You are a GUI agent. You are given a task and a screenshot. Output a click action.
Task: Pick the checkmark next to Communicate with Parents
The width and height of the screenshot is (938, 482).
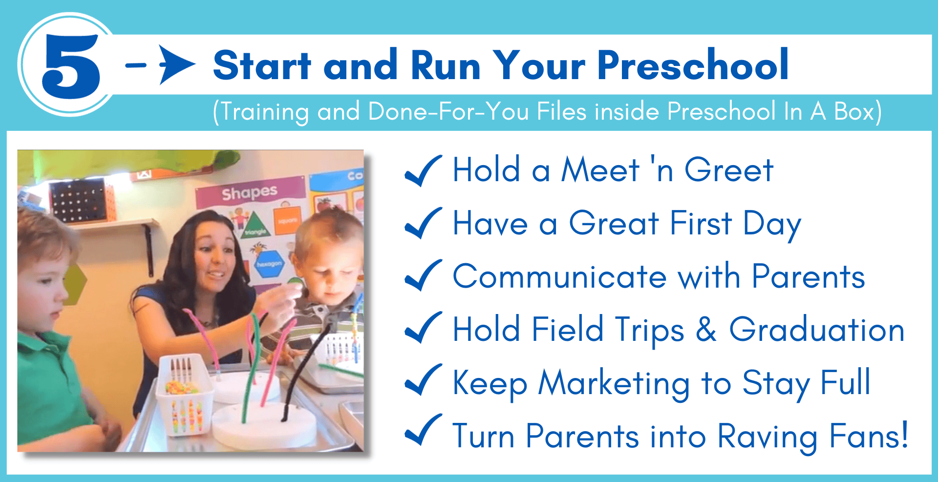423,275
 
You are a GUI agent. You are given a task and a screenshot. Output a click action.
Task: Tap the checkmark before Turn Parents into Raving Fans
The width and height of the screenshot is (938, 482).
423,430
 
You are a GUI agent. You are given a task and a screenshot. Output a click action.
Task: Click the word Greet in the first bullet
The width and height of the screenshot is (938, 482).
729,170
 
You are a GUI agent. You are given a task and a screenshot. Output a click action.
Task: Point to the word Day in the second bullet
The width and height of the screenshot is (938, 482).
772,225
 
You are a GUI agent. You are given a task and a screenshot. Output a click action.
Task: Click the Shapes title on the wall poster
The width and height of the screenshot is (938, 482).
250,193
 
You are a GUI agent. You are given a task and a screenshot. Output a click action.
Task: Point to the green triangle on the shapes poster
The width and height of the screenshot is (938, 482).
254,226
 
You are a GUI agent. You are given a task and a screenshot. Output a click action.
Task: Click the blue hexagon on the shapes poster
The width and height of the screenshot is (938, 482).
269,264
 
